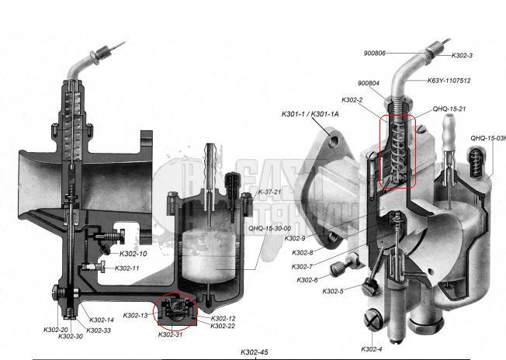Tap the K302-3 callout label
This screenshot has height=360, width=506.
462,56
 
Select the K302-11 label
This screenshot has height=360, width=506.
127,268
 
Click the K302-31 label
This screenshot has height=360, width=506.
171,334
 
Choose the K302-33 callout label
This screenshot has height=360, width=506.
99,331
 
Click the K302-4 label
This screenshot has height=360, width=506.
373,349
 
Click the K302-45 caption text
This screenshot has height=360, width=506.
255,352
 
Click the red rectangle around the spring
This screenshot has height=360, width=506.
398,151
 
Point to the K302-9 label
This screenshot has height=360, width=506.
294,238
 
